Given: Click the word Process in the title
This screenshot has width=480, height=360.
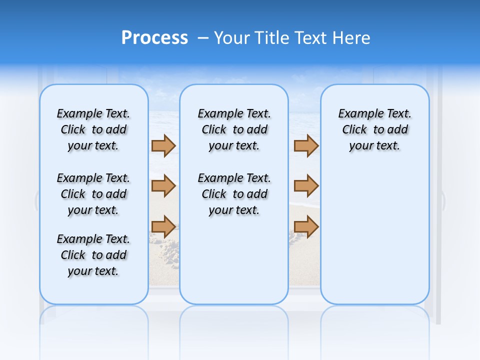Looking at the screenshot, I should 154,38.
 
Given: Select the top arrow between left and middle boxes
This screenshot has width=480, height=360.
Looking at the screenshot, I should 163,146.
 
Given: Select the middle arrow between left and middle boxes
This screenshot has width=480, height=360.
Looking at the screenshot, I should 163,186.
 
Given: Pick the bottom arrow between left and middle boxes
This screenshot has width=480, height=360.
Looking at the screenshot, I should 163,226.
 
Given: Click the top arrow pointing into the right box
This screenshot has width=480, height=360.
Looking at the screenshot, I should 306,146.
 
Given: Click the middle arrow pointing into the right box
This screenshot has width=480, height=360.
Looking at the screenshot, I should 306,186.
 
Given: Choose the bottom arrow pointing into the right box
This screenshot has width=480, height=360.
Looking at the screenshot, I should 306,226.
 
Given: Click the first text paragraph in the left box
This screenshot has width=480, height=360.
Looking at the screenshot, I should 93,129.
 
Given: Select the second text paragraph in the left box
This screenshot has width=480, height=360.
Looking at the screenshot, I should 93,194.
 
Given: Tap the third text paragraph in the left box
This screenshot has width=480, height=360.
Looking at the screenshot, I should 93,255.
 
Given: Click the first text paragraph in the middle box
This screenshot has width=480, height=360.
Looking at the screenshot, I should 234,129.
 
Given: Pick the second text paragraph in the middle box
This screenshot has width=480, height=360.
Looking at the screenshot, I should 234,194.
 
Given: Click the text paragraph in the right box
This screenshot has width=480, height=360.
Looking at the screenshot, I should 374,129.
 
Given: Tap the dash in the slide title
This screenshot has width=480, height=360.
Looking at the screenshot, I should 203,38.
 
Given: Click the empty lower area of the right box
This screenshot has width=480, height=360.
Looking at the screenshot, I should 374,240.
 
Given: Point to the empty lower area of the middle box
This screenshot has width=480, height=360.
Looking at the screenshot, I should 234,260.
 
